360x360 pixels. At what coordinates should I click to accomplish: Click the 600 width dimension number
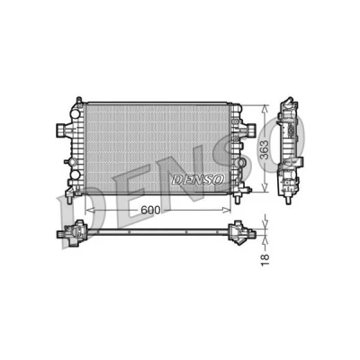(150, 211)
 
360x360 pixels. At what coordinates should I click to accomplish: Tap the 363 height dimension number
(265, 149)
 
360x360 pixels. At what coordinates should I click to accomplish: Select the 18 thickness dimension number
(265, 260)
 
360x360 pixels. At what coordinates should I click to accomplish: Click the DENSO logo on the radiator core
(198, 180)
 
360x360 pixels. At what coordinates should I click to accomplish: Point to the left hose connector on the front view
(62, 129)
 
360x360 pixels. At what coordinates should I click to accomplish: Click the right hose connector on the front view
(251, 129)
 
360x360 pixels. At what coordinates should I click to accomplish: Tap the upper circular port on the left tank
(75, 113)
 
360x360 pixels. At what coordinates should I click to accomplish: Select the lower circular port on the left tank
(75, 175)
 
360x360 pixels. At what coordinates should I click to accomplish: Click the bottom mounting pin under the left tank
(69, 199)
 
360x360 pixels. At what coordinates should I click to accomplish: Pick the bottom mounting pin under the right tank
(237, 199)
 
